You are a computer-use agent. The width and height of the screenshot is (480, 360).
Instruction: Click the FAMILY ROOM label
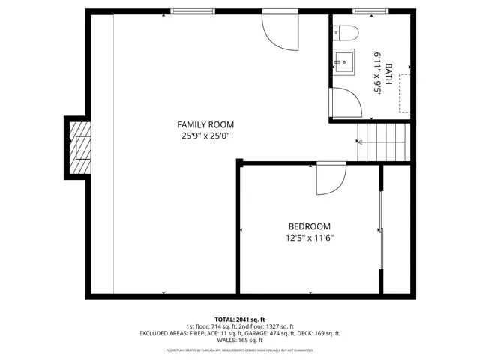pos(205,124)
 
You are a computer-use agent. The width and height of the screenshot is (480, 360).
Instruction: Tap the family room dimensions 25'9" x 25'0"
pos(205,136)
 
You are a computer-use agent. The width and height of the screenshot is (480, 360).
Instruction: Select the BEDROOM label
pos(310,226)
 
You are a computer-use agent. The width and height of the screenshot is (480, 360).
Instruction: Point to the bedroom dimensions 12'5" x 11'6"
pos(310,238)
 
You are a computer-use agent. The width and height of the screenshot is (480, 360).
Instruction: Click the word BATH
pos(388,75)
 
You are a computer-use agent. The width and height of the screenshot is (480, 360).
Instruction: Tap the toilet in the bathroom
pos(344,32)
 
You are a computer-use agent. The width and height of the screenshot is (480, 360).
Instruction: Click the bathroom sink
pos(344,59)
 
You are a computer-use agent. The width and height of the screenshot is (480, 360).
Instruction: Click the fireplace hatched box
pos(79,146)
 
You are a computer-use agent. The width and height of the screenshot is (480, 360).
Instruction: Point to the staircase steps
pos(383,142)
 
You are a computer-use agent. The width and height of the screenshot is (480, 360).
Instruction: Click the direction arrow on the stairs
pos(359,142)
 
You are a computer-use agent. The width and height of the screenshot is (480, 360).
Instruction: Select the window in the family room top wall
pos(191,11)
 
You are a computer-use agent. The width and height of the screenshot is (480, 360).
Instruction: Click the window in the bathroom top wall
pos(365,11)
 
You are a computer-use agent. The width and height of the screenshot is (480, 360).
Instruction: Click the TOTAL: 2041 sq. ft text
pos(240,319)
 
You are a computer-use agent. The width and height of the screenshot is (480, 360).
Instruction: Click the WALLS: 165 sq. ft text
pos(240,341)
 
